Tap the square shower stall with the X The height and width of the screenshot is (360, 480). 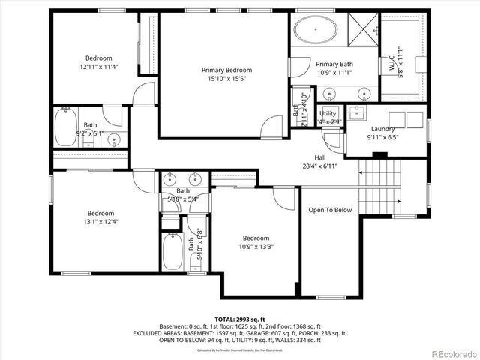click(364, 29)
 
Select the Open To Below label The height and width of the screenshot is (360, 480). click(330, 210)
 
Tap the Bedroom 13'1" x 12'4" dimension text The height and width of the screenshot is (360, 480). click(100, 221)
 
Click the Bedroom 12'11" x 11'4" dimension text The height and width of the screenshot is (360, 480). click(98, 67)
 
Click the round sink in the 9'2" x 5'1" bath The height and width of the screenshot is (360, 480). click(114, 139)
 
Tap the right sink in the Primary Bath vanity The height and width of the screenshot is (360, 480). click(364, 94)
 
